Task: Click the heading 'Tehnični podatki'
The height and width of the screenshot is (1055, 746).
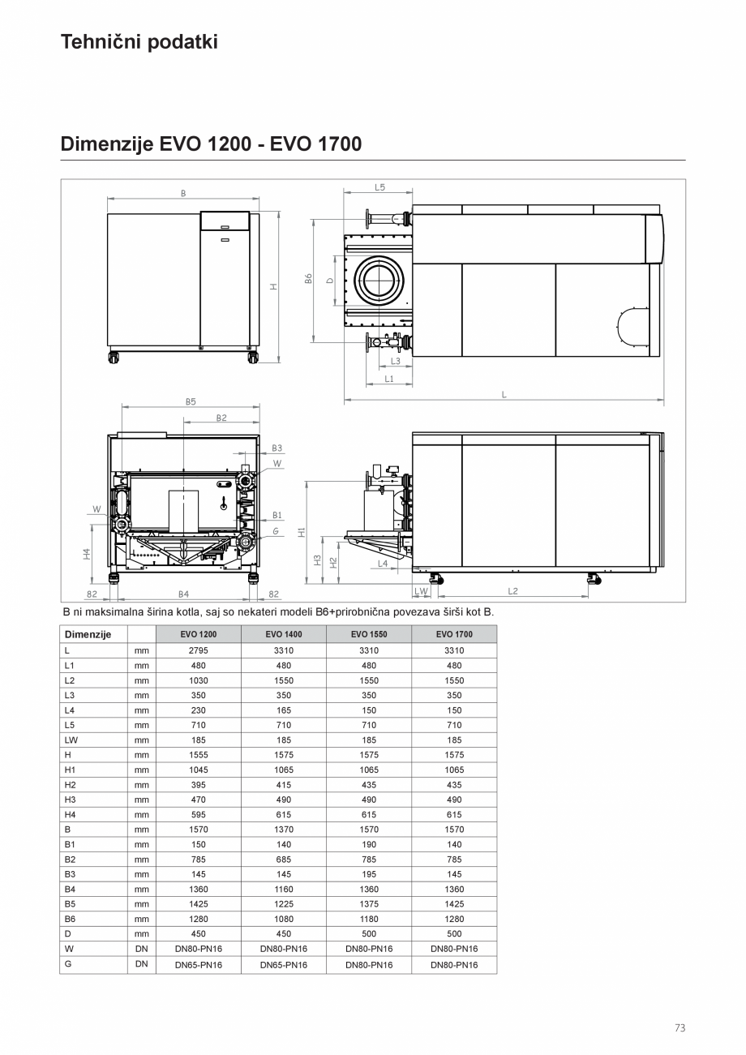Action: pyautogui.click(x=139, y=42)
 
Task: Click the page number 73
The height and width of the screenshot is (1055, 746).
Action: pyautogui.click(x=680, y=1028)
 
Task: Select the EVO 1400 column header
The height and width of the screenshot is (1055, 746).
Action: pyautogui.click(x=283, y=634)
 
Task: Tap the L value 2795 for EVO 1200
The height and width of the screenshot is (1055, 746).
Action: pyautogui.click(x=198, y=650)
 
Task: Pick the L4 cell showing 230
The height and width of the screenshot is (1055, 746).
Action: pyautogui.click(x=198, y=710)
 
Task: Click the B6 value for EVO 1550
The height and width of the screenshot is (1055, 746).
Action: pyautogui.click(x=369, y=919)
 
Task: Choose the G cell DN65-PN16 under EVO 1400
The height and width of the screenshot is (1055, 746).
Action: pyautogui.click(x=283, y=965)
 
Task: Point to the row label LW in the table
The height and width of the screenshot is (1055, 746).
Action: pyautogui.click(x=71, y=740)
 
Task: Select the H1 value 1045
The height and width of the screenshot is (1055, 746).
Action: pyautogui.click(x=198, y=770)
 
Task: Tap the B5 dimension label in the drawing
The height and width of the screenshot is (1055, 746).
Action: pyautogui.click(x=190, y=401)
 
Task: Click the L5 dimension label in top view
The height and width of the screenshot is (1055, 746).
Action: pyautogui.click(x=379, y=187)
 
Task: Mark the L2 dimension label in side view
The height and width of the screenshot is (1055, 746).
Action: pyautogui.click(x=512, y=591)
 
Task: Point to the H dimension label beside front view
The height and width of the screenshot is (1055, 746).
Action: pyautogui.click(x=273, y=286)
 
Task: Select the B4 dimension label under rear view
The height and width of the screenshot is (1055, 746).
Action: pyautogui.click(x=183, y=594)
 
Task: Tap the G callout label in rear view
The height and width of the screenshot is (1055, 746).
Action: pyautogui.click(x=276, y=531)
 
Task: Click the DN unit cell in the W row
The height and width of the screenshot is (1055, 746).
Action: pyautogui.click(x=141, y=948)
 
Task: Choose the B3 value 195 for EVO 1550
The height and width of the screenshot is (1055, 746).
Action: pyautogui.click(x=369, y=874)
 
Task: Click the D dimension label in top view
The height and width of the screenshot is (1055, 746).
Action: pyautogui.click(x=329, y=281)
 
